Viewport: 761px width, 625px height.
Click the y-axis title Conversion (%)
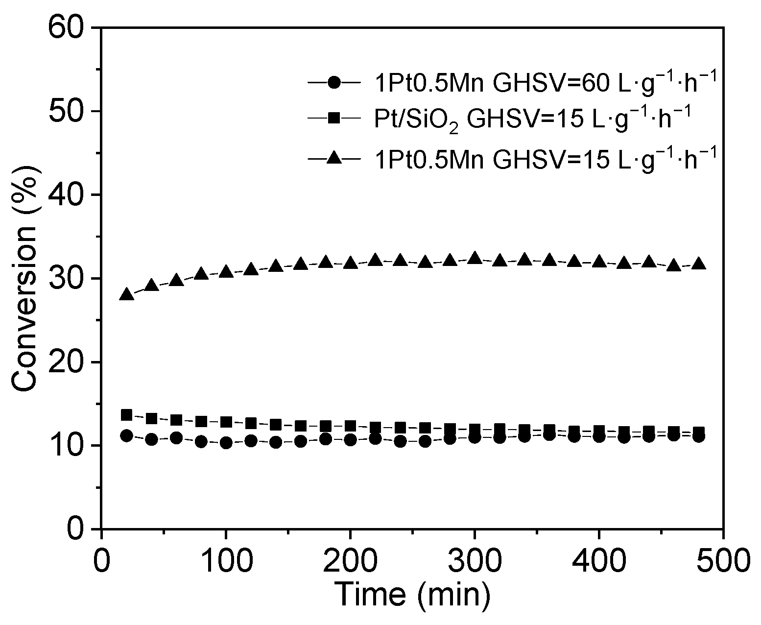coord(24,278)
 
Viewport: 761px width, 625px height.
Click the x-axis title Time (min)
coord(412,594)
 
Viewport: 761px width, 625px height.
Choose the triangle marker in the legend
coord(334,158)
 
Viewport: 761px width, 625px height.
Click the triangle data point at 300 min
coord(475,258)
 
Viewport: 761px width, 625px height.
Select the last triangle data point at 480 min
coord(699,264)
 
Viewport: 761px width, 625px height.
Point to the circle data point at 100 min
coord(226,443)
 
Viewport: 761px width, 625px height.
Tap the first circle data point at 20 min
coord(126,435)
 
